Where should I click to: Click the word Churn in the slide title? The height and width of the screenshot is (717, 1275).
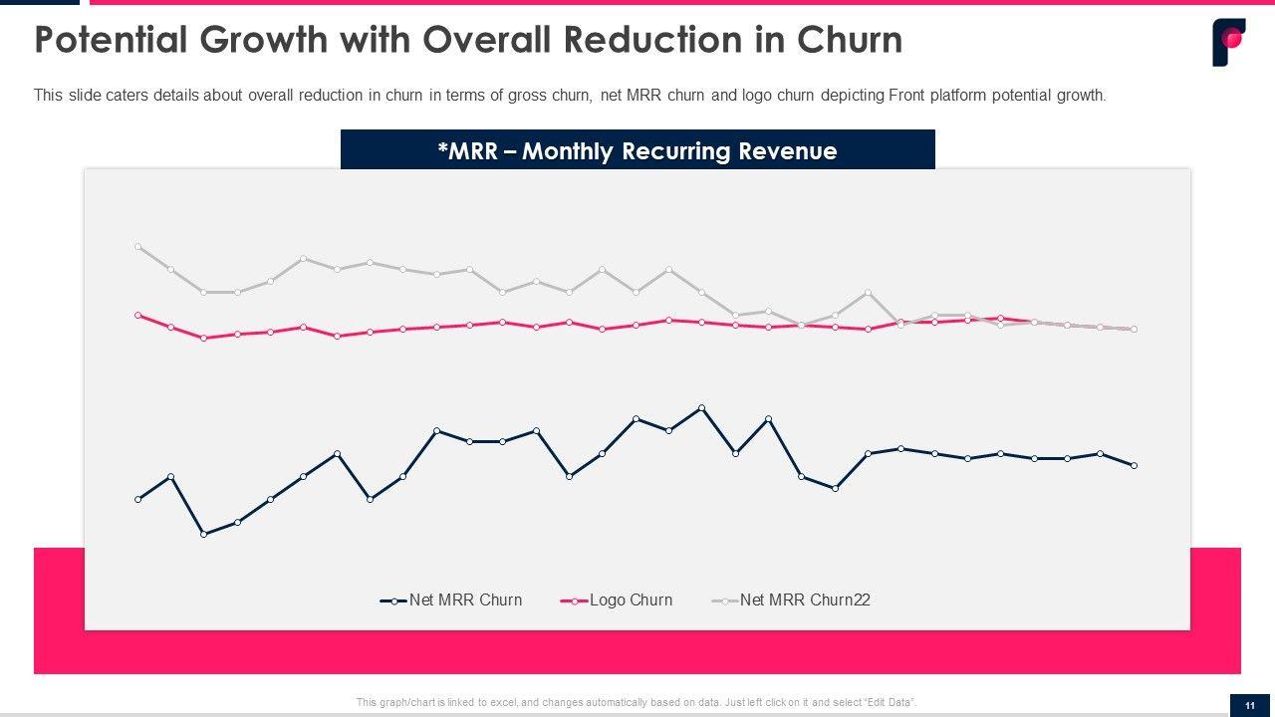pyautogui.click(x=849, y=40)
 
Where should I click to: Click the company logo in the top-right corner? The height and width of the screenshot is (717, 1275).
pyautogui.click(x=1228, y=42)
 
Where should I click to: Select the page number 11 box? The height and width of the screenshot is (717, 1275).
pyautogui.click(x=1250, y=705)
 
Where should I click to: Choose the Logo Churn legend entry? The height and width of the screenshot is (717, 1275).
pyautogui.click(x=631, y=599)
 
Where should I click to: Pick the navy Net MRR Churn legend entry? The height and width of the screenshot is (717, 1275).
pyautogui.click(x=465, y=599)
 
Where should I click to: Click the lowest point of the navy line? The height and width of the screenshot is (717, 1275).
pyautogui.click(x=203, y=534)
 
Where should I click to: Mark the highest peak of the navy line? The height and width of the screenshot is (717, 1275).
pyautogui.click(x=702, y=407)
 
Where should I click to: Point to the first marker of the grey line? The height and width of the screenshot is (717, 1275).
pyautogui.click(x=137, y=246)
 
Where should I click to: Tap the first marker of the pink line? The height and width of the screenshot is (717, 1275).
pyautogui.click(x=137, y=315)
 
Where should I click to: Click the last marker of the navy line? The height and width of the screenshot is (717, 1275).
pyautogui.click(x=1134, y=465)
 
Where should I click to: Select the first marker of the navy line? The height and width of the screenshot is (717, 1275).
pyautogui.click(x=137, y=499)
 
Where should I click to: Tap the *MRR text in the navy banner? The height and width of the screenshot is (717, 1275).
pyautogui.click(x=466, y=151)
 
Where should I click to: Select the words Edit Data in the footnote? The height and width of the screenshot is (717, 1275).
pyautogui.click(x=892, y=702)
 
